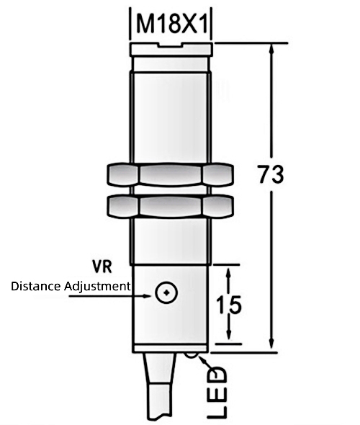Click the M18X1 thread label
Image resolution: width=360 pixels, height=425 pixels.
click(173, 27)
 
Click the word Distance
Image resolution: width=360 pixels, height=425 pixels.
click(36, 287)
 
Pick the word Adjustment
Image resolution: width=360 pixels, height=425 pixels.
click(97, 287)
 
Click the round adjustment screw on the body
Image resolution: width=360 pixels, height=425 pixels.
click(166, 292)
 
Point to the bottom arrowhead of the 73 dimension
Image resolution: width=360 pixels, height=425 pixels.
click(271, 346)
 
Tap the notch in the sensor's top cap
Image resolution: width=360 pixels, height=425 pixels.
click(173, 46)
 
